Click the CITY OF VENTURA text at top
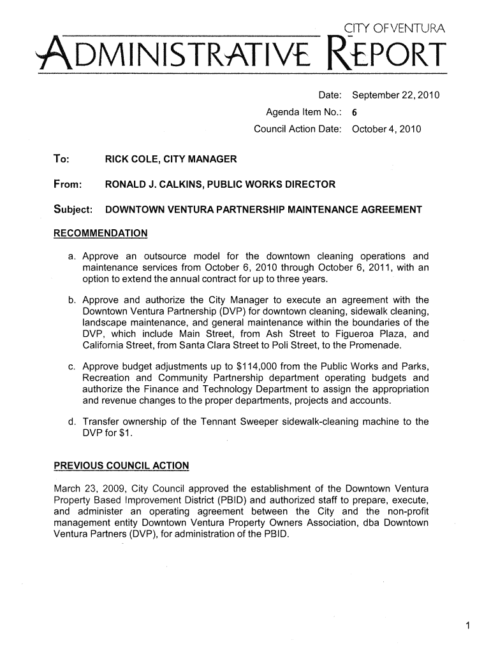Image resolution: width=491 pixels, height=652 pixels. [397, 27]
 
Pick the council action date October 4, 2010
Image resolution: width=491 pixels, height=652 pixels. [386, 130]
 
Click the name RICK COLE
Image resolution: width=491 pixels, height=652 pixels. [131, 159]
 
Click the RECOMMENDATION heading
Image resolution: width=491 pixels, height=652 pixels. [99, 233]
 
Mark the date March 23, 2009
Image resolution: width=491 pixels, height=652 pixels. [83, 489]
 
